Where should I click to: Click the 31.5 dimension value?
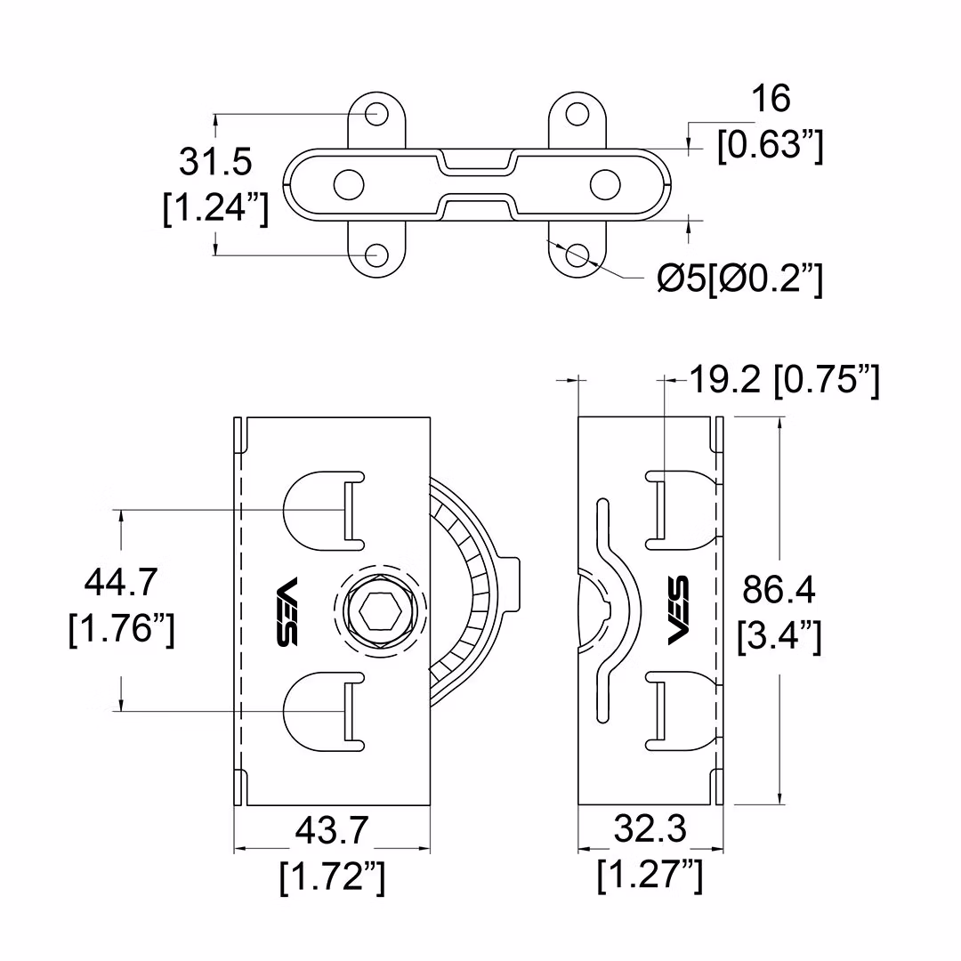(x=215, y=163)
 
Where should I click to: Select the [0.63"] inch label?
(x=771, y=145)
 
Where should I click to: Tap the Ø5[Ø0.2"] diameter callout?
(x=739, y=279)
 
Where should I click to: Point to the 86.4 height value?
(x=779, y=590)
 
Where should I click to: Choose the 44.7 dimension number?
(x=121, y=584)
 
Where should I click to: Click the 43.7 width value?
(x=332, y=831)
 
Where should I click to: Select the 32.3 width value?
(x=650, y=830)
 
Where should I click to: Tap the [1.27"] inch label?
(x=650, y=876)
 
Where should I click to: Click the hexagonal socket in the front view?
(x=380, y=612)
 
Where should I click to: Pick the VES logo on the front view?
(x=287, y=612)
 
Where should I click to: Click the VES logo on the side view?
(x=678, y=611)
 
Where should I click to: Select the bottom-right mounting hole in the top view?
(x=577, y=254)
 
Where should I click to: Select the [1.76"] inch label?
(x=121, y=631)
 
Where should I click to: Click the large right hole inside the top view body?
(x=605, y=183)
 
